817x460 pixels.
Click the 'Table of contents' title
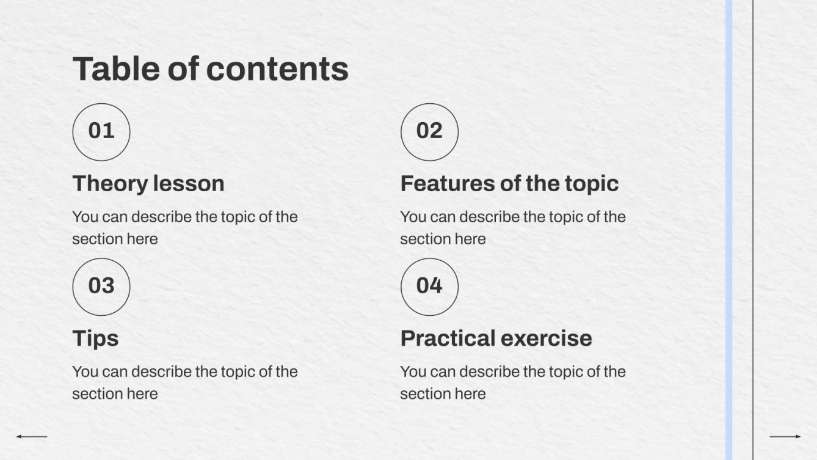point(210,68)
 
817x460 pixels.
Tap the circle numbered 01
point(101,131)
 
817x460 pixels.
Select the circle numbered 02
point(429,131)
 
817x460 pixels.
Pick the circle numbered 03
point(101,287)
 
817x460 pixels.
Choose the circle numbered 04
point(429,287)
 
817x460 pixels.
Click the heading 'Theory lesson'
point(148,183)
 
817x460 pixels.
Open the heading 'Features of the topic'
point(509,183)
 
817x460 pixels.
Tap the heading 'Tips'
point(95,338)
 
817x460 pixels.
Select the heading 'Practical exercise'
point(496,338)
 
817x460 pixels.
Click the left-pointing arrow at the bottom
point(31,436)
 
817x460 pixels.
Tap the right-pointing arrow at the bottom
point(785,436)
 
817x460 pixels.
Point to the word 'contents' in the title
point(277,68)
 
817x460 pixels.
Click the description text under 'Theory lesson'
point(184,227)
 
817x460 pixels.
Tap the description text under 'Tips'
point(184,382)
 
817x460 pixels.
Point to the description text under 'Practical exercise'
point(512,382)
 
